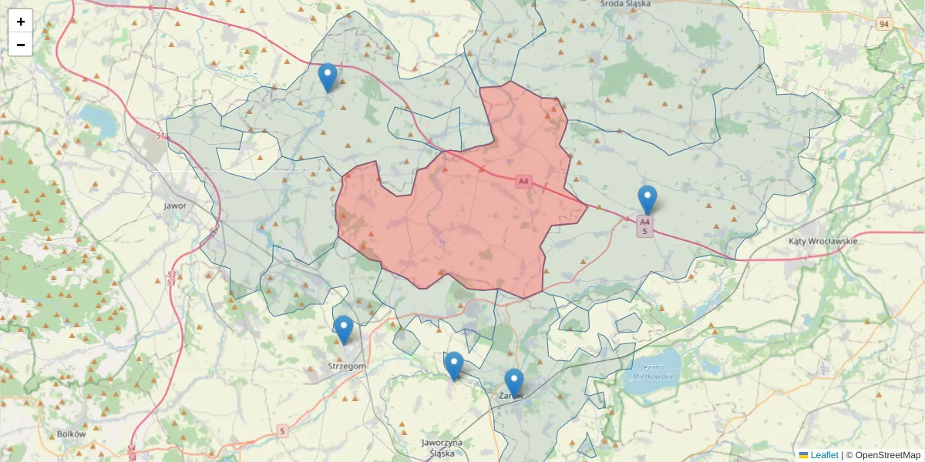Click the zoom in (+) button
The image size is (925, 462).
pyautogui.click(x=21, y=22)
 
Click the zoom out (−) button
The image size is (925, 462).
pyautogui.click(x=21, y=45)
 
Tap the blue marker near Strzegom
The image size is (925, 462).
pyautogui.click(x=344, y=330)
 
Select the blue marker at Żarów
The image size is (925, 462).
pyautogui.click(x=514, y=383)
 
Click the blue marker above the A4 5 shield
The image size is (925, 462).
pyautogui.click(x=647, y=199)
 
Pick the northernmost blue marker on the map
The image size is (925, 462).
pyautogui.click(x=328, y=77)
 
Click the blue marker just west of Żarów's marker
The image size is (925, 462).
pyautogui.click(x=454, y=366)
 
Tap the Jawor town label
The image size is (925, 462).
pyautogui.click(x=176, y=206)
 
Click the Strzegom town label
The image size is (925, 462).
pyautogui.click(x=347, y=366)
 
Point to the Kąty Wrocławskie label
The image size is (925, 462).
pyautogui.click(x=823, y=241)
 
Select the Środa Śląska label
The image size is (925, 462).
pyautogui.click(x=625, y=4)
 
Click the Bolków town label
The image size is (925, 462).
pyautogui.click(x=71, y=434)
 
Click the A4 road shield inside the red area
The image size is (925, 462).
pyautogui.click(x=524, y=182)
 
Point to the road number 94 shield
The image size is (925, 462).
pyautogui.click(x=884, y=25)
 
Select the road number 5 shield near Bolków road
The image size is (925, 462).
pyautogui.click(x=282, y=431)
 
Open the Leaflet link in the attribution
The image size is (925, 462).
pyautogui.click(x=823, y=455)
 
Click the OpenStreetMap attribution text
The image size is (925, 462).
pyautogui.click(x=887, y=455)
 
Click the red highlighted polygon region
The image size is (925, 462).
pyautogui.click(x=478, y=223)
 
